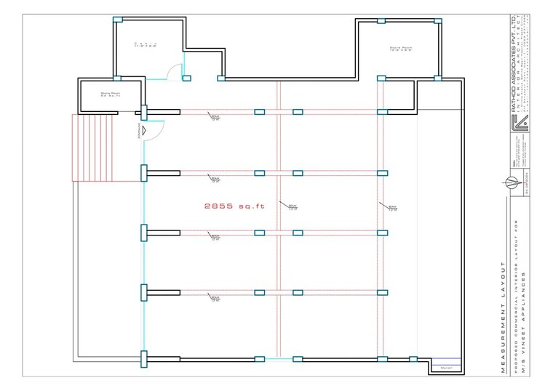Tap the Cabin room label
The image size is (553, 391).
point(146,46)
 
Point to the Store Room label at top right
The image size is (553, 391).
point(401,49)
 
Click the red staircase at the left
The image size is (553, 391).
point(94,148)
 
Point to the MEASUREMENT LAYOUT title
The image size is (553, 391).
point(503,317)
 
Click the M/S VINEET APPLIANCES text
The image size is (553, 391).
point(530,321)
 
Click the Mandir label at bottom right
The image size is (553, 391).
point(446,368)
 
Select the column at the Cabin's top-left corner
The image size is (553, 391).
point(117,20)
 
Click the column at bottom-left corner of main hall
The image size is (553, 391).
point(144,358)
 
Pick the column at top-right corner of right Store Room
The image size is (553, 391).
point(438,20)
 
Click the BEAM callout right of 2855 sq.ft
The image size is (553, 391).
point(292,208)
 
